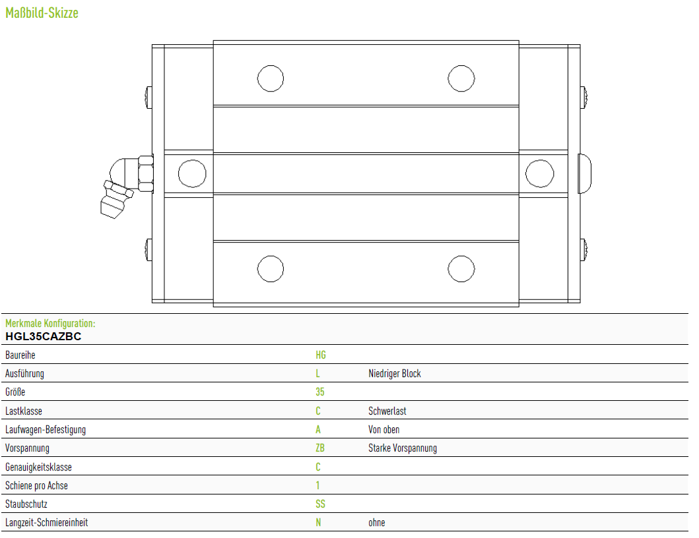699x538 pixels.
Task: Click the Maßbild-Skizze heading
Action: click(x=42, y=13)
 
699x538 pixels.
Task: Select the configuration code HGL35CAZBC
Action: click(x=44, y=336)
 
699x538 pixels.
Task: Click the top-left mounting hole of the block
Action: click(x=271, y=78)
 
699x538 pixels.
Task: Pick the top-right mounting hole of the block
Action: click(x=461, y=78)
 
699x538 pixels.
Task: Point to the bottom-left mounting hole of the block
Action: click(x=271, y=269)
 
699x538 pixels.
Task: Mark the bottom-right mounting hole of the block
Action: click(x=461, y=269)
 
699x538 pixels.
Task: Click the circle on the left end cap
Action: click(x=192, y=173)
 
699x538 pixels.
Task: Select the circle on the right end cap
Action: click(x=540, y=173)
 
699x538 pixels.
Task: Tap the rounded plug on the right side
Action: click(x=584, y=173)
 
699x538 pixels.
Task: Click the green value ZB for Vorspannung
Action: click(x=320, y=448)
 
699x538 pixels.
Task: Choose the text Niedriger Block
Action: click(x=395, y=374)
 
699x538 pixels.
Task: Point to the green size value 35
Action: click(x=320, y=392)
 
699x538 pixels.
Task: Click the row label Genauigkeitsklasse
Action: click(x=38, y=467)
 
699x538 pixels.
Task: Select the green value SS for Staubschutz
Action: click(x=320, y=504)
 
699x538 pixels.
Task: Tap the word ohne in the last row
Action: click(x=377, y=523)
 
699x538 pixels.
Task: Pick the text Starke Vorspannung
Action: click(x=403, y=448)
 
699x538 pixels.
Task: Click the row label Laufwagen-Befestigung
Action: click(x=46, y=430)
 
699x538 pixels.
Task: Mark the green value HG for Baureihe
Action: click(x=321, y=355)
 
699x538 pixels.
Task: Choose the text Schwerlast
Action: click(x=387, y=411)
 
